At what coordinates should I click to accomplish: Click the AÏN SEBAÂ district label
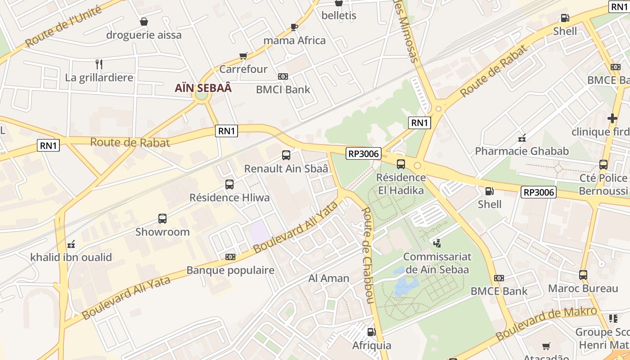(x=203, y=88)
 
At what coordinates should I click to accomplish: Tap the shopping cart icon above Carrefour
(x=243, y=56)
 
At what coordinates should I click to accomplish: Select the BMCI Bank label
(x=283, y=90)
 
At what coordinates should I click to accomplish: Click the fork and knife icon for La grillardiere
(x=99, y=64)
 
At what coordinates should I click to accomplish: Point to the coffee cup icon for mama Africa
(x=294, y=27)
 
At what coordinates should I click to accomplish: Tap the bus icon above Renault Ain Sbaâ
(x=286, y=156)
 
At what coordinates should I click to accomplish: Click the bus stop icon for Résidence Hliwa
(x=229, y=184)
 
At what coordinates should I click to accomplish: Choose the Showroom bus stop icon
(x=162, y=219)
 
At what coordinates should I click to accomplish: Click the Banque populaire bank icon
(x=230, y=257)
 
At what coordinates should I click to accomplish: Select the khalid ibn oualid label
(x=71, y=258)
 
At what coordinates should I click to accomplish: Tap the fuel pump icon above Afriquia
(x=372, y=333)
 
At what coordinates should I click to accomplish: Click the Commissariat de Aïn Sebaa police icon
(x=436, y=243)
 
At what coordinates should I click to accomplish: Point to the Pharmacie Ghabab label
(x=522, y=151)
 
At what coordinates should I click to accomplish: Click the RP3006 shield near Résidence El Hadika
(x=364, y=153)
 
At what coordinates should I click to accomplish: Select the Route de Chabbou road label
(x=368, y=255)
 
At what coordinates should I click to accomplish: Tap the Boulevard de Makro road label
(x=546, y=324)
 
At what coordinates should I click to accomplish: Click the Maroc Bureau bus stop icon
(x=583, y=275)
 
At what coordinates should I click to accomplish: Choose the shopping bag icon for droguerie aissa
(x=144, y=22)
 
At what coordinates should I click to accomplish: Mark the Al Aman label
(x=328, y=279)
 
